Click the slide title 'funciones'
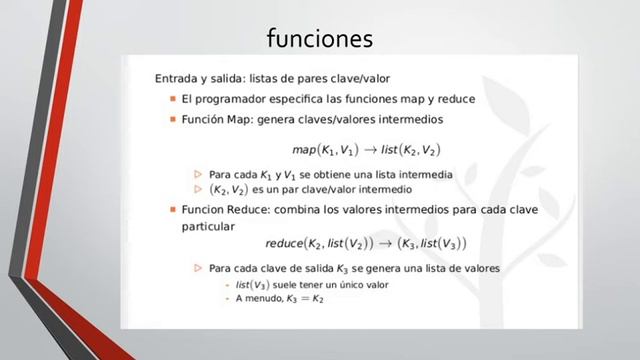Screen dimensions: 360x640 pyautogui.click(x=320, y=38)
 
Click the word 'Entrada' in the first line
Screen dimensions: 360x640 pyautogui.click(x=178, y=77)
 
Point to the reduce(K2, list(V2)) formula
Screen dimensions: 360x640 pyautogui.click(x=316, y=243)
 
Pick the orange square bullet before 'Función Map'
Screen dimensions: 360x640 pyautogui.click(x=172, y=119)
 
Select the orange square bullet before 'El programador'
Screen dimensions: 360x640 pyautogui.click(x=172, y=99)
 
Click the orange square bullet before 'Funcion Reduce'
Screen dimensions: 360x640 pyautogui.click(x=172, y=211)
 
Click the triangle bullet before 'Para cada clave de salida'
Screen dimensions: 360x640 pyautogui.click(x=198, y=269)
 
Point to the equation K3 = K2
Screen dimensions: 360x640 pyautogui.click(x=304, y=298)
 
